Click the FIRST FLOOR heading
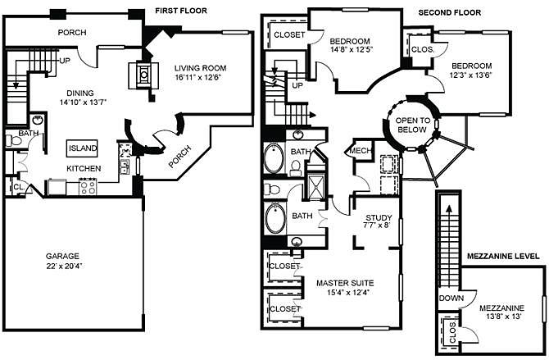tap(181, 11)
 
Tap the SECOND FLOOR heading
tap(450, 13)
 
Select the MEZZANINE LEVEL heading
tap(503, 256)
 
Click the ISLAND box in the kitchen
tap(82, 148)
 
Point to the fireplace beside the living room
tap(143, 75)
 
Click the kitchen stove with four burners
tap(88, 186)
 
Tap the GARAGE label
tap(62, 256)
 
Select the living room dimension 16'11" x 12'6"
tap(198, 77)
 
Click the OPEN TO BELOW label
tap(412, 125)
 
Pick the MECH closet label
tap(361, 151)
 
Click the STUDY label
tap(379, 217)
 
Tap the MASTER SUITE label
tap(345, 283)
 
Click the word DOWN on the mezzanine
tap(451, 298)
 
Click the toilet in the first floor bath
tap(13, 141)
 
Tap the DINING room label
tap(80, 93)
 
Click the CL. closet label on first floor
tap(19, 188)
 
